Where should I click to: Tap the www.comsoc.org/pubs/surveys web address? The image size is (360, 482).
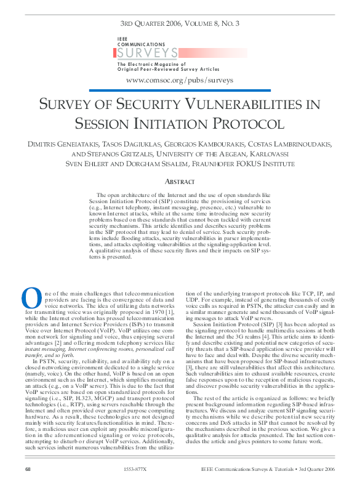pos(179,80)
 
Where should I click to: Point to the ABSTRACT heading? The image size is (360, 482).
pos(180,182)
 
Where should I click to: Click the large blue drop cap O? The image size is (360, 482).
pos(31,298)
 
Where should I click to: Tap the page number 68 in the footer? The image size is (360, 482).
pos(28,470)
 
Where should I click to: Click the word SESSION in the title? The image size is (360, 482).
pos(108,123)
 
